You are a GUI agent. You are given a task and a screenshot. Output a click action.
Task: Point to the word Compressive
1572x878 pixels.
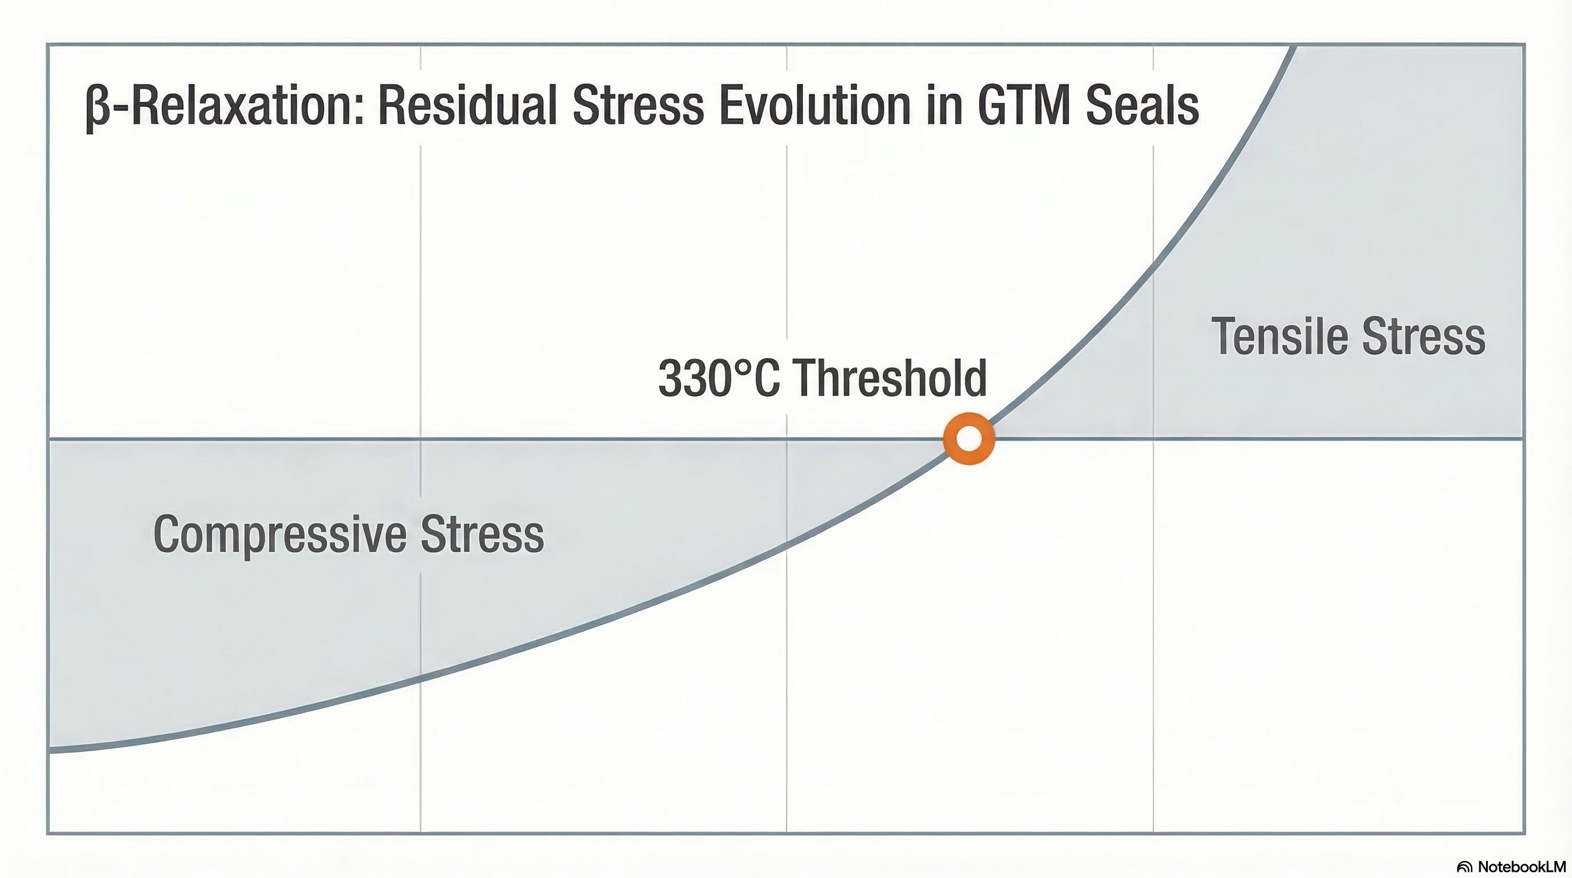click(x=279, y=534)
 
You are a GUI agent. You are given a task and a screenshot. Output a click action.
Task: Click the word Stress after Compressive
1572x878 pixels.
click(x=482, y=534)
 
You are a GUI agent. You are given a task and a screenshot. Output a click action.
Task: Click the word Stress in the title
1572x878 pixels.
click(x=638, y=106)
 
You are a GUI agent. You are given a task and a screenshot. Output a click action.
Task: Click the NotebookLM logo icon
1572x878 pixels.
click(x=1464, y=867)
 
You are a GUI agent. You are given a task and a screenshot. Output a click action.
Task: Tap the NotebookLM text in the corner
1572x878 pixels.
click(x=1522, y=867)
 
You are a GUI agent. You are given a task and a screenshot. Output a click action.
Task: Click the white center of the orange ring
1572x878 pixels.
click(x=969, y=438)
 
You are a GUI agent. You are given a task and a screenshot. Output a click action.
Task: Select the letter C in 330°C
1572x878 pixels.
click(x=767, y=378)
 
